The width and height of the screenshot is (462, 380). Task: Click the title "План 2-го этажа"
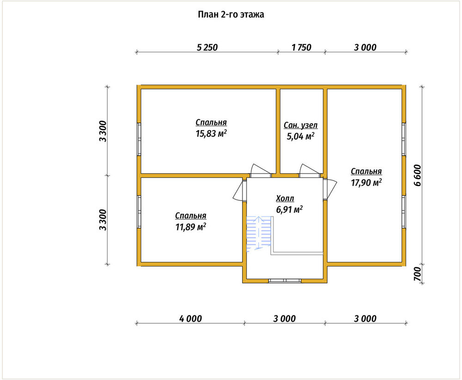[231, 14]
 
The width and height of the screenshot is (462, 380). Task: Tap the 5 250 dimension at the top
[207, 47]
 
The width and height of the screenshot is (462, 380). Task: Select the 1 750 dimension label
[301, 47]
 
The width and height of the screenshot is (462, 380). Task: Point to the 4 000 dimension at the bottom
[191, 319]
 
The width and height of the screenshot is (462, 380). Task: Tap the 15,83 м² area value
[211, 133]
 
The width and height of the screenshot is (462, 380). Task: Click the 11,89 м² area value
[191, 227]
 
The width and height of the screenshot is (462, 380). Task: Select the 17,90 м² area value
[366, 183]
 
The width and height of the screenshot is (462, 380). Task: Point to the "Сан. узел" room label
[301, 125]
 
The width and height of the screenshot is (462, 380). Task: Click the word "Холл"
[285, 199]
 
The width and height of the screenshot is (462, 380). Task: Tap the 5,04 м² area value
[301, 136]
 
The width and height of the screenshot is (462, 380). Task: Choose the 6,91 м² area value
[289, 210]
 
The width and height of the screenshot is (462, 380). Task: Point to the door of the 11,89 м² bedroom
[239, 191]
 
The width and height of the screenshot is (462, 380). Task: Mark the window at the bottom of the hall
[285, 281]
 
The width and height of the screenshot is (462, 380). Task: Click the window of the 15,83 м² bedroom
[139, 139]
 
